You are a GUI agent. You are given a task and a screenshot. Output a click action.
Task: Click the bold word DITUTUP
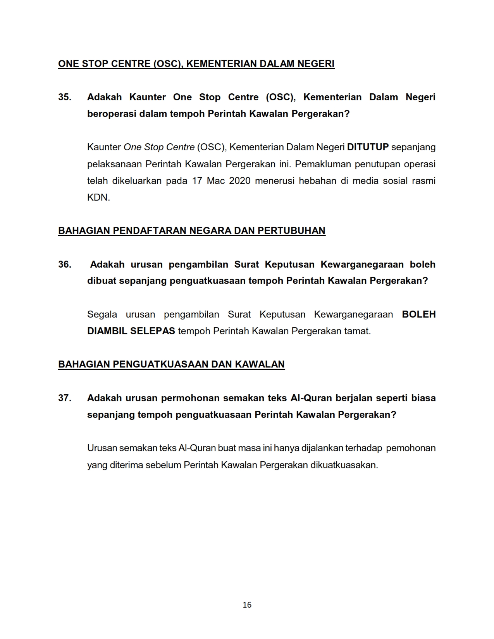368,147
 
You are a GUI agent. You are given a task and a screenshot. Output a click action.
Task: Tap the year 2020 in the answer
240,181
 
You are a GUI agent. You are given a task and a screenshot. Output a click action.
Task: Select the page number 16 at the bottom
247,605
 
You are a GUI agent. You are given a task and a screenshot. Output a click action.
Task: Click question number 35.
65,97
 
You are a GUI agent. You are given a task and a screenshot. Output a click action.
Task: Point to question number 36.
65,265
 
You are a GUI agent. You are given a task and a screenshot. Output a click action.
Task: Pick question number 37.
65,398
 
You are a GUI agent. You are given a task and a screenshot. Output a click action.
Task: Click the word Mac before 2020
215,181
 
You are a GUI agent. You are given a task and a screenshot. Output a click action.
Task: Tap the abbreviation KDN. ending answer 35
98,198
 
